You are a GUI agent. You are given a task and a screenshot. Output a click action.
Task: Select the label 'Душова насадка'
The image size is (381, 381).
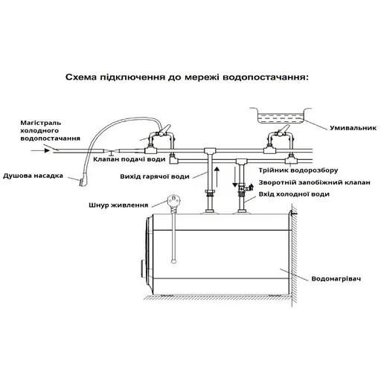[34, 176]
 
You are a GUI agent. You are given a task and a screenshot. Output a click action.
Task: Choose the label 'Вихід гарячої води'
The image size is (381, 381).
[153, 176]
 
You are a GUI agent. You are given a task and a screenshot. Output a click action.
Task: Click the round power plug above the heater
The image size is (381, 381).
[173, 199]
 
